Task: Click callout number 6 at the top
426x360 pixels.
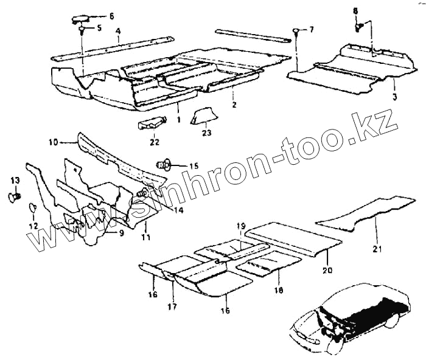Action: pos(111,16)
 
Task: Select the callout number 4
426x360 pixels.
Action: pos(117,30)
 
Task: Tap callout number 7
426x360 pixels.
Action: pos(312,29)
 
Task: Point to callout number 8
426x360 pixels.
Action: pos(356,10)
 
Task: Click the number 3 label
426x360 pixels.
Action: pos(394,97)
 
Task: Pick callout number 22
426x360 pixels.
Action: pos(155,142)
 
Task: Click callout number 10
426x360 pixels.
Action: pos(53,142)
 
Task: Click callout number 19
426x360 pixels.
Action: pos(240,225)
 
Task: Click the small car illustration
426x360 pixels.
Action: pos(347,316)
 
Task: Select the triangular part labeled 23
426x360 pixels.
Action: pos(203,115)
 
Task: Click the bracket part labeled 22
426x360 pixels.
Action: pos(151,123)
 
